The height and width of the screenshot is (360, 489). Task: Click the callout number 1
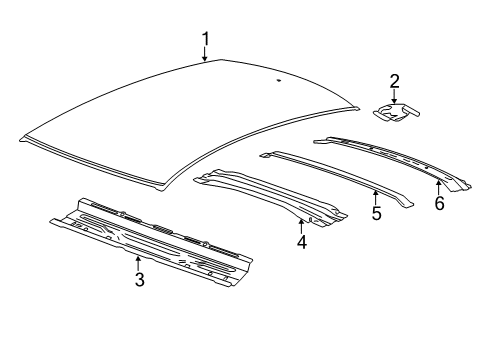(205, 40)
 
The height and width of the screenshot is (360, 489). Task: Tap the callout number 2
(394, 82)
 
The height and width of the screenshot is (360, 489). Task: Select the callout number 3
(139, 280)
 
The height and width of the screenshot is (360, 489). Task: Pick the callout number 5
(376, 212)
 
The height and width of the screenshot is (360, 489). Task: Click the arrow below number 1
(205, 56)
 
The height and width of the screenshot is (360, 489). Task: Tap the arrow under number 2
(394, 97)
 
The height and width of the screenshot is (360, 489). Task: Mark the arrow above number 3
(138, 263)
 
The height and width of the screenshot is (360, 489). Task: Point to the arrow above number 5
(376, 195)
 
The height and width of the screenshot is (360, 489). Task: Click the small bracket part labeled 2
(396, 115)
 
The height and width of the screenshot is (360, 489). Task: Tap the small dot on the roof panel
(277, 76)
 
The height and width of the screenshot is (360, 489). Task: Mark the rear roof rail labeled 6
(390, 155)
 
